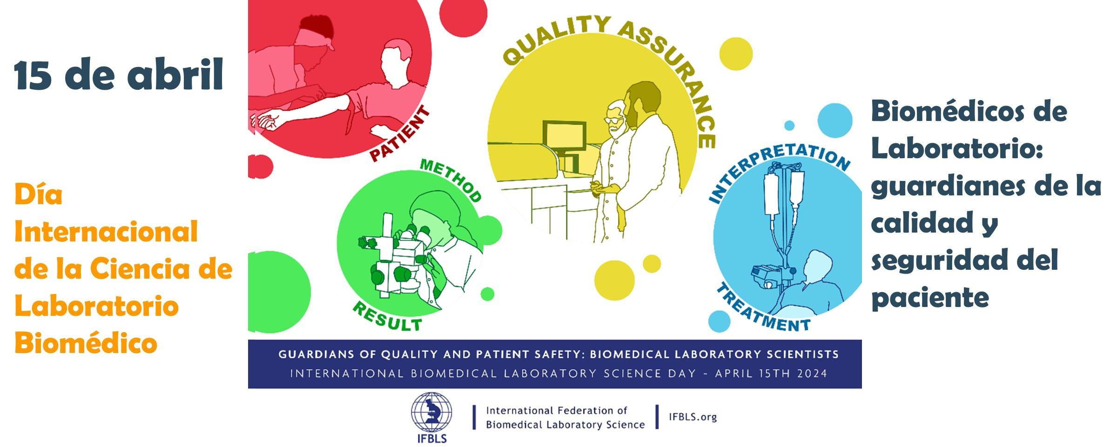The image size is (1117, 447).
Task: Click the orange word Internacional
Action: tap(106, 231)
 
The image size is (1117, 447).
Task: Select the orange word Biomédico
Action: tap(86, 343)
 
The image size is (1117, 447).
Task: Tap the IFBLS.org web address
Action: tap(693, 417)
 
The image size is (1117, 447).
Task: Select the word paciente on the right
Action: tap(930, 298)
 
